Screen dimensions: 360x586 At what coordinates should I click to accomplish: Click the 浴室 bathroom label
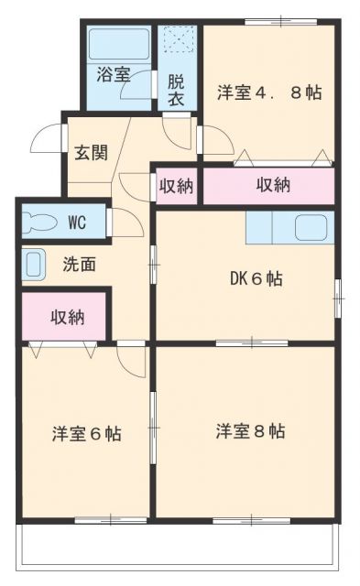point(114,74)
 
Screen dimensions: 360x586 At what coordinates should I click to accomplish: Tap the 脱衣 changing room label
point(176,90)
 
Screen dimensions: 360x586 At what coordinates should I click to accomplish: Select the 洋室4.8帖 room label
point(269,92)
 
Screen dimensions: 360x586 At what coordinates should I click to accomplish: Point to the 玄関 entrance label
point(92,153)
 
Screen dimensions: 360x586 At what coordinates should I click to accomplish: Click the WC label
point(77,222)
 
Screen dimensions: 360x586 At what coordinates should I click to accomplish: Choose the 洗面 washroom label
point(80,265)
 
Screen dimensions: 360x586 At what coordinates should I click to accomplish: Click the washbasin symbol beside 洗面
point(33,265)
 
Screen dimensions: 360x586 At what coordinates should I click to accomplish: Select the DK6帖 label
point(256,278)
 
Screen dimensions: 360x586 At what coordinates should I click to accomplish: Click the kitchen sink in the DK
point(314,228)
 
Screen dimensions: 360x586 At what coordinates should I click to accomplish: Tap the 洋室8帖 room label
point(250,431)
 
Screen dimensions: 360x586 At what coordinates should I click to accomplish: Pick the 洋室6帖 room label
point(87,434)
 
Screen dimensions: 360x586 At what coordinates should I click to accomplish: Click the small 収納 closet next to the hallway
point(176,186)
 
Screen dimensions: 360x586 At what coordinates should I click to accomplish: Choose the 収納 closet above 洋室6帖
point(68,318)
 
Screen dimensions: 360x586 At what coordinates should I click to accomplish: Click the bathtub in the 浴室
point(119,43)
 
